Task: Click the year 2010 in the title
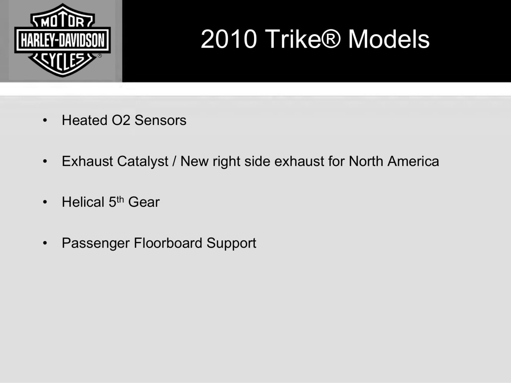[x=229, y=39]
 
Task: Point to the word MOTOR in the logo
[x=62, y=22]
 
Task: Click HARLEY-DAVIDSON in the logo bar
[x=63, y=40]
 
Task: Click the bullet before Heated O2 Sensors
[x=45, y=120]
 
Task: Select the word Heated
[x=85, y=120]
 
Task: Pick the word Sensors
[x=160, y=120]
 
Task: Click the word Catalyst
[x=143, y=162]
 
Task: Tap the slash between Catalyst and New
[x=174, y=161]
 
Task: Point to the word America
[x=413, y=161]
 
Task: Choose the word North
[x=366, y=161]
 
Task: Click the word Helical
[x=83, y=202]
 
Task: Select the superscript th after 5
[x=120, y=200]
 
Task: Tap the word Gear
[x=144, y=202]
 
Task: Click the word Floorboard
[x=168, y=243]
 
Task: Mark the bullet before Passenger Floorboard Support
[x=45, y=243]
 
